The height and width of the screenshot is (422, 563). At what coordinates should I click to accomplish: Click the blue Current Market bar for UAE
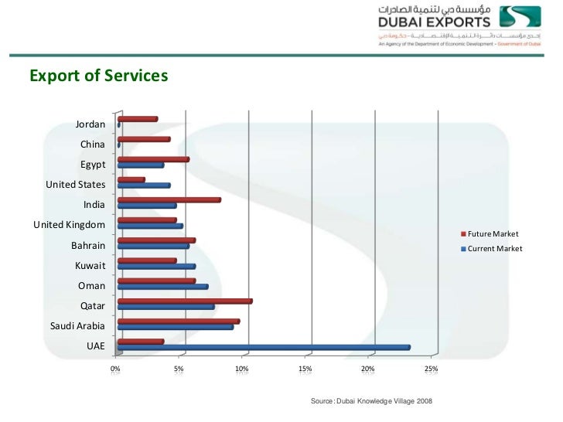(x=264, y=347)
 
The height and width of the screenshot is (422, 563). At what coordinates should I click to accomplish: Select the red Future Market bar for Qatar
(x=185, y=301)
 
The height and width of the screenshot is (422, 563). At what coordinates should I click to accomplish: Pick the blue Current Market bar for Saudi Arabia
(x=176, y=327)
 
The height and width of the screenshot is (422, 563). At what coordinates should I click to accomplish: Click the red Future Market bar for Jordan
(x=138, y=119)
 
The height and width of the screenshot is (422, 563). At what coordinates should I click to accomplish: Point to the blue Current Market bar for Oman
(x=162, y=287)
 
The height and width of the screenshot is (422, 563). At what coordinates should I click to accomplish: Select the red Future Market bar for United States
(x=131, y=179)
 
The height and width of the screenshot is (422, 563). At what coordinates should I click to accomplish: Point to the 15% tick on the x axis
(x=305, y=369)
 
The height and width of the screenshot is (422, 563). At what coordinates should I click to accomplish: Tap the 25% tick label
(x=431, y=369)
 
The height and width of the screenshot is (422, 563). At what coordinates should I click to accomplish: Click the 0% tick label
(x=115, y=369)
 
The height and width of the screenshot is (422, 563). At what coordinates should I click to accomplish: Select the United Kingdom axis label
(x=69, y=225)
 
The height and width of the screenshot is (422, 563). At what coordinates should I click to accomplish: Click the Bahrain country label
(x=87, y=245)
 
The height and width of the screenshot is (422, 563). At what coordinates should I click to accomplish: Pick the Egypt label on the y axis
(x=93, y=164)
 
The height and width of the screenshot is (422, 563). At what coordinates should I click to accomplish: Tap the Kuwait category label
(x=90, y=265)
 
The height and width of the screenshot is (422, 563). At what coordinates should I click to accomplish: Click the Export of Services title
(x=98, y=76)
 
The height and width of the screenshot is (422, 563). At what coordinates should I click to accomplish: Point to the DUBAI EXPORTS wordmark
(x=434, y=22)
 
